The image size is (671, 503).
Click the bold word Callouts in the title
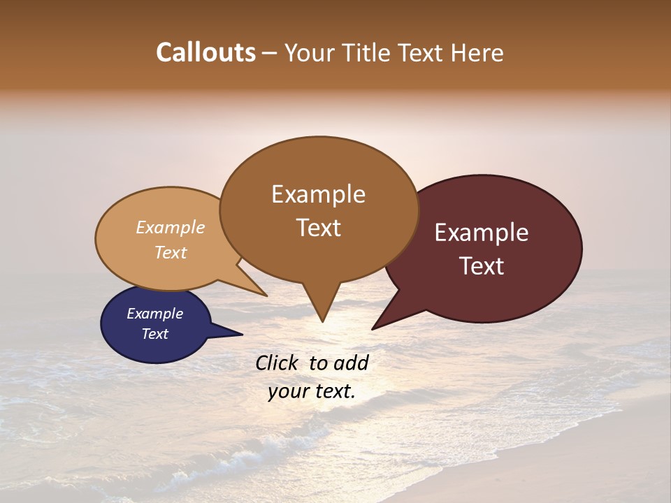205,52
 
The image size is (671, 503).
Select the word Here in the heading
477,52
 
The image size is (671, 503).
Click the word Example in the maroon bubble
482,233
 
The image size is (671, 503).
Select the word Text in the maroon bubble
482,266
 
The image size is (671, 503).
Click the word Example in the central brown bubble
318,194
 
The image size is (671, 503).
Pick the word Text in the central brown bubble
319,228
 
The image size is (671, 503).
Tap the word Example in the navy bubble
154,314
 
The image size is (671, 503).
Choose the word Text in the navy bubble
154,334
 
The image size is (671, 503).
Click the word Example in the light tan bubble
170,227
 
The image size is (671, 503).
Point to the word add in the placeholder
351,363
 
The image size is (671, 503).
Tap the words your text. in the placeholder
312,391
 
